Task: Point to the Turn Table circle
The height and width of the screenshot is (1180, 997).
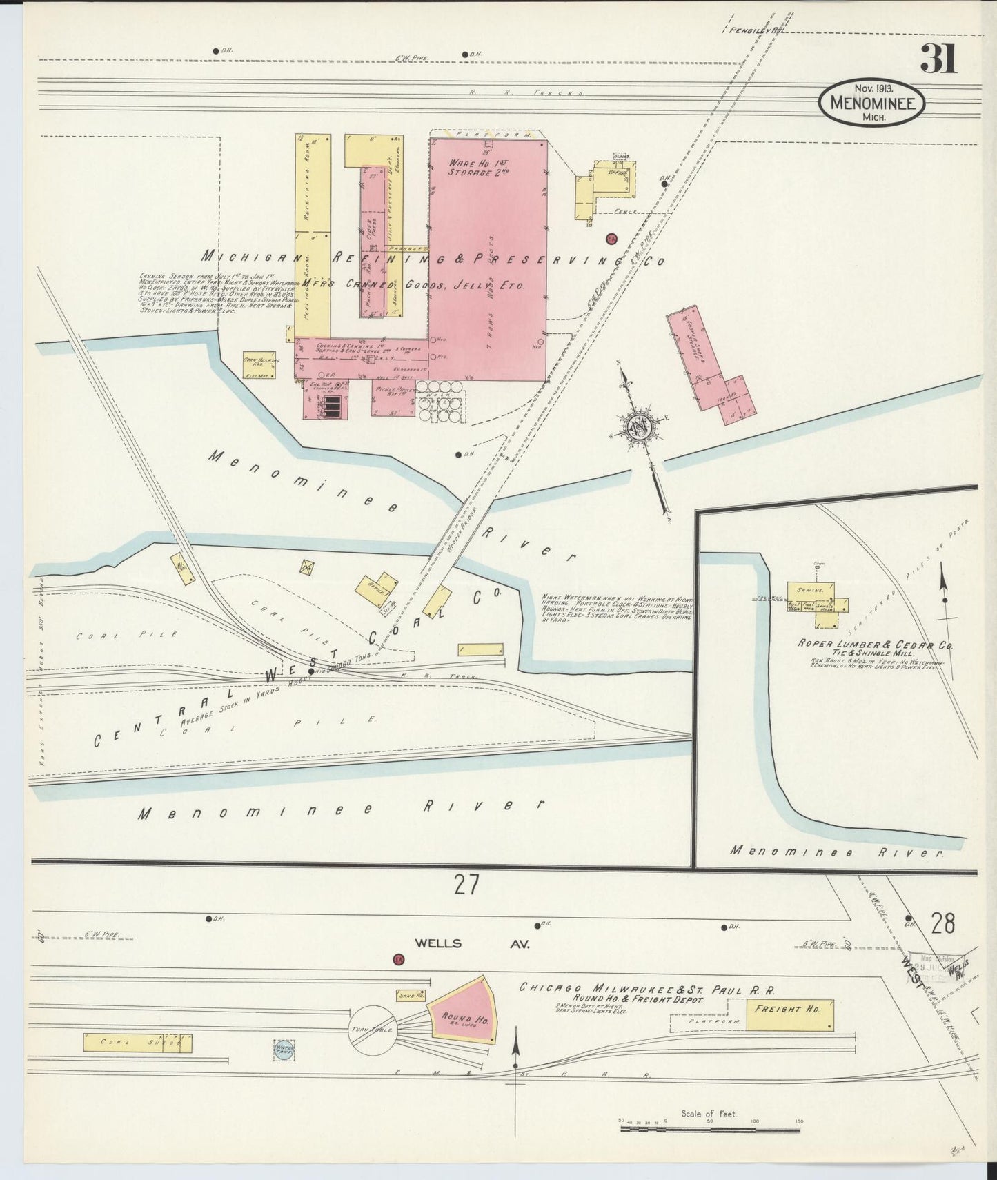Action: coord(373,1030)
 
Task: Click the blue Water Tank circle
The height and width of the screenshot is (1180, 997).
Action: coord(284,1050)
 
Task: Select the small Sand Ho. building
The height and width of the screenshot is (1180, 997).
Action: coord(410,996)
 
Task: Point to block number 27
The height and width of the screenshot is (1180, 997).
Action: coord(466,885)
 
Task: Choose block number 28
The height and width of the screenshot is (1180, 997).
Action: coord(942,924)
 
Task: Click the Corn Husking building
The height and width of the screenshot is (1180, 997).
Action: coord(259,365)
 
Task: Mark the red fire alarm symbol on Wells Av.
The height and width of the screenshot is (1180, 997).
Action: coord(397,960)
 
